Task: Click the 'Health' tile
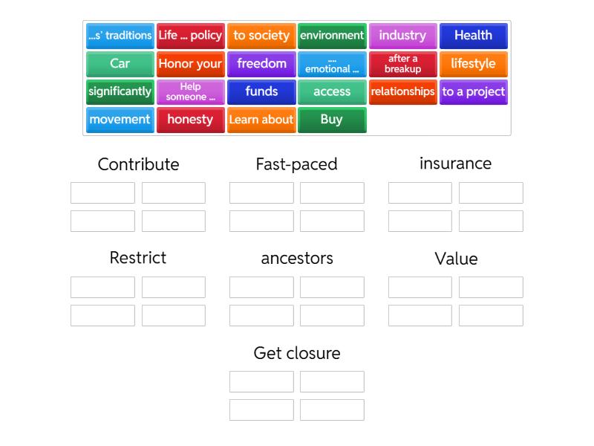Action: pos(473,36)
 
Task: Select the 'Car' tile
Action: pos(120,64)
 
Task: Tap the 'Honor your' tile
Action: pos(190,64)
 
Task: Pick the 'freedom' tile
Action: pos(261,64)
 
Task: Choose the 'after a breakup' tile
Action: pos(402,64)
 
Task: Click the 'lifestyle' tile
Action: pos(473,64)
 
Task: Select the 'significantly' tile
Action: pos(120,92)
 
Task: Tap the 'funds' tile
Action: pos(261,92)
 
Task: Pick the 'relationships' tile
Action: pos(402,92)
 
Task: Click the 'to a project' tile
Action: pos(473,92)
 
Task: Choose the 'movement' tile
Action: pos(120,120)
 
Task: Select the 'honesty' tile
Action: pos(190,120)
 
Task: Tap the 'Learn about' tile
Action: pos(261,120)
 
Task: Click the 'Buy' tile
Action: pos(332,120)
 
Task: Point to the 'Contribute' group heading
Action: pos(138,164)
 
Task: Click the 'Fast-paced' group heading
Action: pos(296,164)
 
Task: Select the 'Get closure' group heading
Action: pos(296,353)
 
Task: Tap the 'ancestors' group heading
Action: pos(296,259)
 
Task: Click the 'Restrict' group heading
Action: pos(138,258)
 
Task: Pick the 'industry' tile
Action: pos(402,36)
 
